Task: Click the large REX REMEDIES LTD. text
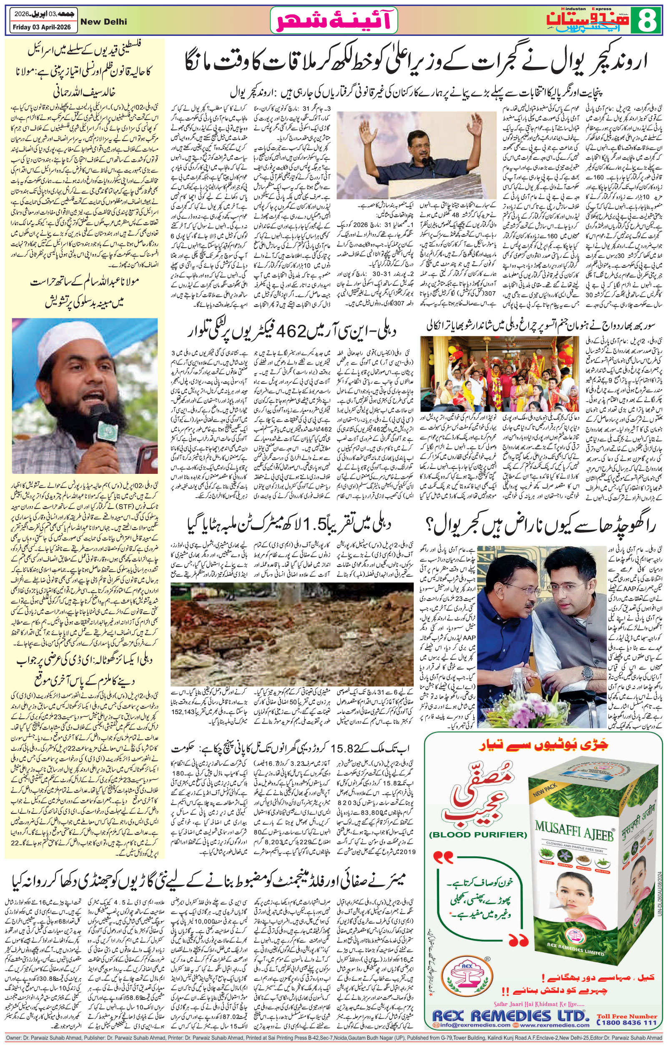coord(510,1009)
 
